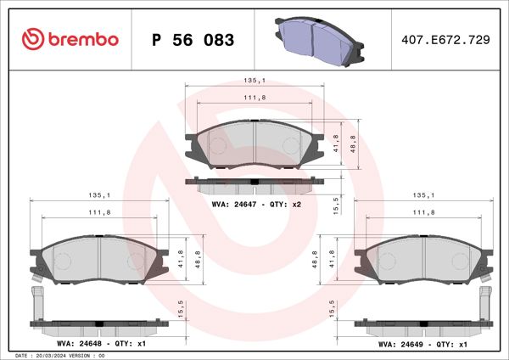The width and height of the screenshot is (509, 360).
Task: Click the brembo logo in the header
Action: point(70,39)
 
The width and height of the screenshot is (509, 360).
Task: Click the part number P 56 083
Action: point(192,40)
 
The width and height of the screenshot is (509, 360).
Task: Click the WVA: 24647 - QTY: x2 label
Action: point(256,205)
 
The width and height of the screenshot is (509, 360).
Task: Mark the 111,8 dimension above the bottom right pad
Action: point(423,212)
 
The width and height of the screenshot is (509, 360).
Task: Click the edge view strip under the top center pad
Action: point(255,181)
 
